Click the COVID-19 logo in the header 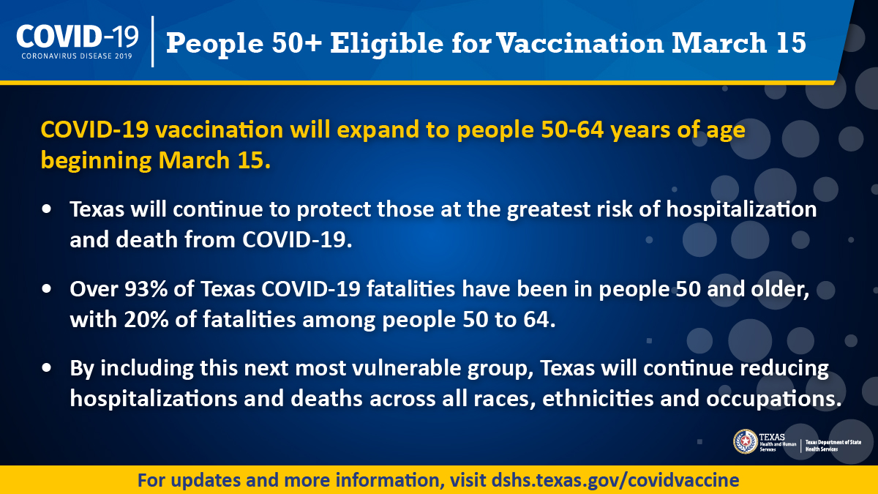(78, 42)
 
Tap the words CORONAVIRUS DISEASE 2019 (77, 56)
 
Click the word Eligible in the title (387, 43)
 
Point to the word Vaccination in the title (580, 42)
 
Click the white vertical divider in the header (152, 42)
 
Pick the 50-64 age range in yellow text (572, 130)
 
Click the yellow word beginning (96, 161)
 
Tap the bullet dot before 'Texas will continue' (47, 209)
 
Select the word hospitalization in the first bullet (741, 209)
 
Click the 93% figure (146, 289)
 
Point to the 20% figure (146, 320)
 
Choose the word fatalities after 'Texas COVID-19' (410, 289)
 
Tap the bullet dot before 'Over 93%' (47, 288)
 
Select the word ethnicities (598, 399)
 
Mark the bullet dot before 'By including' (47, 367)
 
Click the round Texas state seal (746, 441)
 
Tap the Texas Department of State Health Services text (833, 446)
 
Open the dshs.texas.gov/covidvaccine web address (615, 480)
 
